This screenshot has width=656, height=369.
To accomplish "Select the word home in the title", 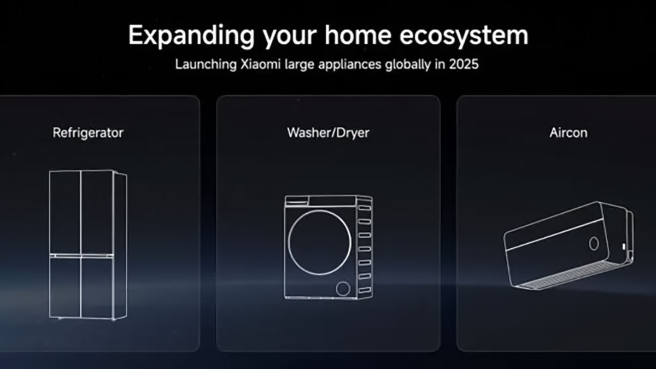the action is [x=358, y=34].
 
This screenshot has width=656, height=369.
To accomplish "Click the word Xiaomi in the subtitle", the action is [x=260, y=64].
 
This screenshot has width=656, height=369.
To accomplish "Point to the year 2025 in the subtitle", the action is [x=464, y=64].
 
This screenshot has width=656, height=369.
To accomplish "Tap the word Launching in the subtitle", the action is [x=206, y=65].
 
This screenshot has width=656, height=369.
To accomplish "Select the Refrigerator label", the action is [x=88, y=133].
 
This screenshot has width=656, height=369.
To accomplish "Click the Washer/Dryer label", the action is [x=329, y=133].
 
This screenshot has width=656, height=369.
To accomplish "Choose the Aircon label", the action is [x=569, y=133].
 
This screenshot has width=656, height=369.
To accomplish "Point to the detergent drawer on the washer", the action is [x=297, y=201].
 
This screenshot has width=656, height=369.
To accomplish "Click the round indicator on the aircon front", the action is [x=594, y=243].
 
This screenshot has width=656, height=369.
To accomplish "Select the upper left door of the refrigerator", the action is [x=65, y=212].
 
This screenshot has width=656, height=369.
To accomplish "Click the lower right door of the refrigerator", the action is [x=97, y=288].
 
